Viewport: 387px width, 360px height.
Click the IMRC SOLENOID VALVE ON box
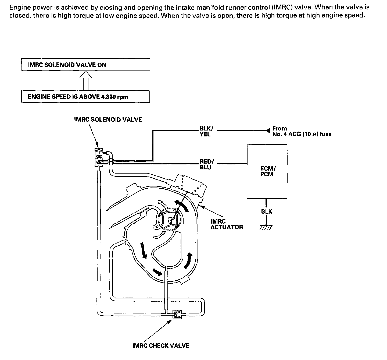click(85, 65)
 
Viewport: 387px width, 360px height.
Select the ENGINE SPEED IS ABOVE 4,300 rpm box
click(85, 97)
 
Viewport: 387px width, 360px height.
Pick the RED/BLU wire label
click(206, 164)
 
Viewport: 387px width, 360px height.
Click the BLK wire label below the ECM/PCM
click(267, 211)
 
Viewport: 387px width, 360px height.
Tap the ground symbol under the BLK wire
click(266, 228)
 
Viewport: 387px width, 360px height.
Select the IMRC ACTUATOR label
click(227, 224)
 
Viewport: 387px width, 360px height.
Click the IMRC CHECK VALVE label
click(161, 345)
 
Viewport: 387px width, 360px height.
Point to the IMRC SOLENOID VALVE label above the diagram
click(108, 119)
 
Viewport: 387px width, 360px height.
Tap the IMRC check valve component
click(177, 314)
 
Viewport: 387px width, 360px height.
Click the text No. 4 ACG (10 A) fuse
click(302, 134)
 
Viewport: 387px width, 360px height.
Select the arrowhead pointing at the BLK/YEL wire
click(267, 131)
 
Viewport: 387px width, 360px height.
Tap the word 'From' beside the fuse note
click(279, 128)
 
